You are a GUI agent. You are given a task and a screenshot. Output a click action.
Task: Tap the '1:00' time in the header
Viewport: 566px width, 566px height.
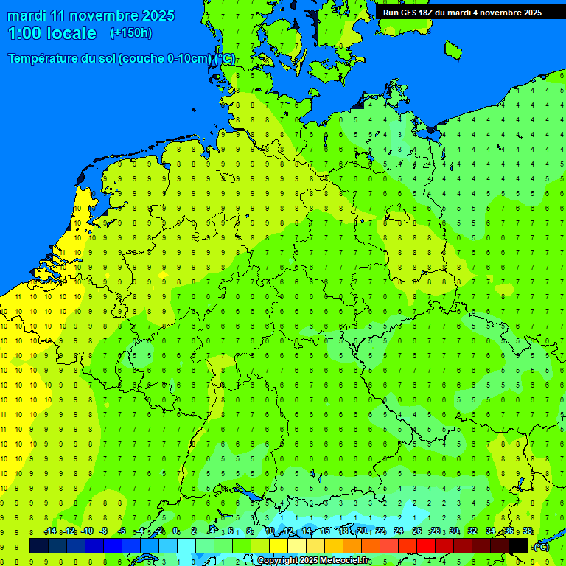click(x=24, y=33)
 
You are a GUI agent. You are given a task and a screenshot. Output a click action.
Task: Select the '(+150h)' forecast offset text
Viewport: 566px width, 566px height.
click(x=130, y=33)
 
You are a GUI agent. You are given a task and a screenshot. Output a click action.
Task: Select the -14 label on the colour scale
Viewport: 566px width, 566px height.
click(x=50, y=531)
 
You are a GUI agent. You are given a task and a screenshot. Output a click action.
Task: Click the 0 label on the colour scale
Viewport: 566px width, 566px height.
click(x=175, y=531)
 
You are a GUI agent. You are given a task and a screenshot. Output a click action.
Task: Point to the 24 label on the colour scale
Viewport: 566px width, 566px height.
click(x=399, y=531)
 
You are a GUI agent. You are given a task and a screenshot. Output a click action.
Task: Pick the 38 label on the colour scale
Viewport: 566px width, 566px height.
click(x=528, y=531)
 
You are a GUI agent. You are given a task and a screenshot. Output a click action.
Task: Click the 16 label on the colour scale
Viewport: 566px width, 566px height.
click(x=325, y=531)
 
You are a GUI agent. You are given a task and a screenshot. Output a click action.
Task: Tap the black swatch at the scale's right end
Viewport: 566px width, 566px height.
click(x=518, y=545)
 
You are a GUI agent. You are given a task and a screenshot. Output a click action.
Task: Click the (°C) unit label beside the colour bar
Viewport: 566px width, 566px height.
click(x=541, y=546)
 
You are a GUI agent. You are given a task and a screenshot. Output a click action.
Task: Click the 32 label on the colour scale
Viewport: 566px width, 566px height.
click(x=472, y=531)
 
